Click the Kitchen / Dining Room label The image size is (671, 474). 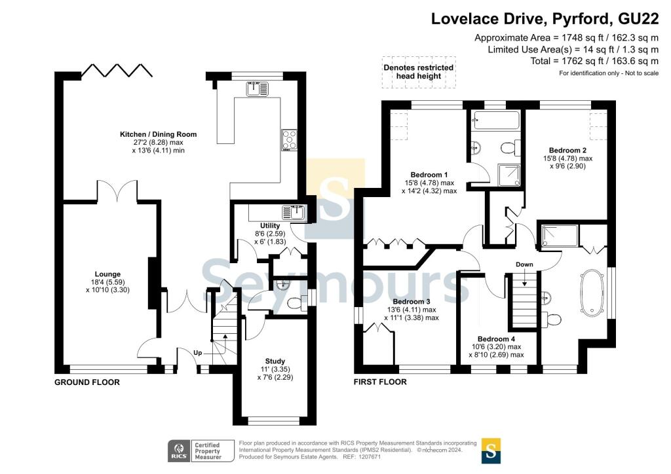pyautogui.click(x=159, y=134)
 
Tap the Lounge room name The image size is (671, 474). pyautogui.click(x=107, y=274)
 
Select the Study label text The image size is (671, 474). pyautogui.click(x=275, y=361)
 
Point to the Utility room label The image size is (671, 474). pyautogui.click(x=270, y=226)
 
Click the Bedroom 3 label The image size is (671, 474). pyautogui.click(x=412, y=302)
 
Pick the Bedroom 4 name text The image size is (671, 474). pyautogui.click(x=497, y=339)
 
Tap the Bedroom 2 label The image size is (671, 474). pyautogui.click(x=567, y=151)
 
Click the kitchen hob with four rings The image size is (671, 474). pyautogui.click(x=289, y=139)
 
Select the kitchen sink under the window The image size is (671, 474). pyautogui.click(x=257, y=88)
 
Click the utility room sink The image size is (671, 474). pyautogui.click(x=293, y=212)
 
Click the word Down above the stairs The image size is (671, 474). pyautogui.click(x=524, y=264)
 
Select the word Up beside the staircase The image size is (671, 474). pyautogui.click(x=198, y=353)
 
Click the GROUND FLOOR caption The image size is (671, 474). pyautogui.click(x=87, y=382)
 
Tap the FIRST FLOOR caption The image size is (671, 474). pyautogui.click(x=380, y=382)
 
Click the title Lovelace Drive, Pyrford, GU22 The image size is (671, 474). pyautogui.click(x=545, y=19)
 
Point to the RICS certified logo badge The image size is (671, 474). pyautogui.click(x=201, y=451)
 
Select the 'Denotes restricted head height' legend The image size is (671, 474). pyautogui.click(x=419, y=72)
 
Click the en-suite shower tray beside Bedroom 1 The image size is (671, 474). pyautogui.click(x=509, y=175)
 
